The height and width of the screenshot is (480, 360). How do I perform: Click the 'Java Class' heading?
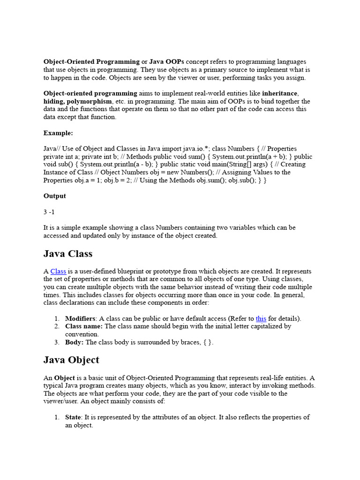pos(68,254)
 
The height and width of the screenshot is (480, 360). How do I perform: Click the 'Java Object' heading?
pos(71,360)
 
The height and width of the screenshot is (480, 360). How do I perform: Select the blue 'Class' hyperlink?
pos(58,271)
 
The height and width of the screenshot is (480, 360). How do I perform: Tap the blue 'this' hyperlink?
pos(261,319)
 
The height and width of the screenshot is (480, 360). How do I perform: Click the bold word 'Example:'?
pos(58,133)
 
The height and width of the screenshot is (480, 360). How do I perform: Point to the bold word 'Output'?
pos(55,196)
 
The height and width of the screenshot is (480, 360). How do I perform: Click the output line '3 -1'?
pos(49,212)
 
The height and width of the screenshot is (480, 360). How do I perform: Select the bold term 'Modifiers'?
pos(80,319)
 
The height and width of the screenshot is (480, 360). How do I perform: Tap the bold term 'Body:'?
pos(74,342)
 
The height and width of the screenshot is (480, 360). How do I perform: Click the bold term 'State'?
pos(73,417)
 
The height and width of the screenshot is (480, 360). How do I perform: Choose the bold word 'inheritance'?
pos(280,93)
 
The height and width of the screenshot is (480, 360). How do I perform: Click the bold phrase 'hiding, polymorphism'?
pos(78,101)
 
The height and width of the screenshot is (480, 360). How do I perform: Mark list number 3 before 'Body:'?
pos(56,342)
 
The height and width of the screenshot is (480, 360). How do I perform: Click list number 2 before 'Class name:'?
pos(56,326)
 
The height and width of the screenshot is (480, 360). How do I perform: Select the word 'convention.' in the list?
pos(82,334)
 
